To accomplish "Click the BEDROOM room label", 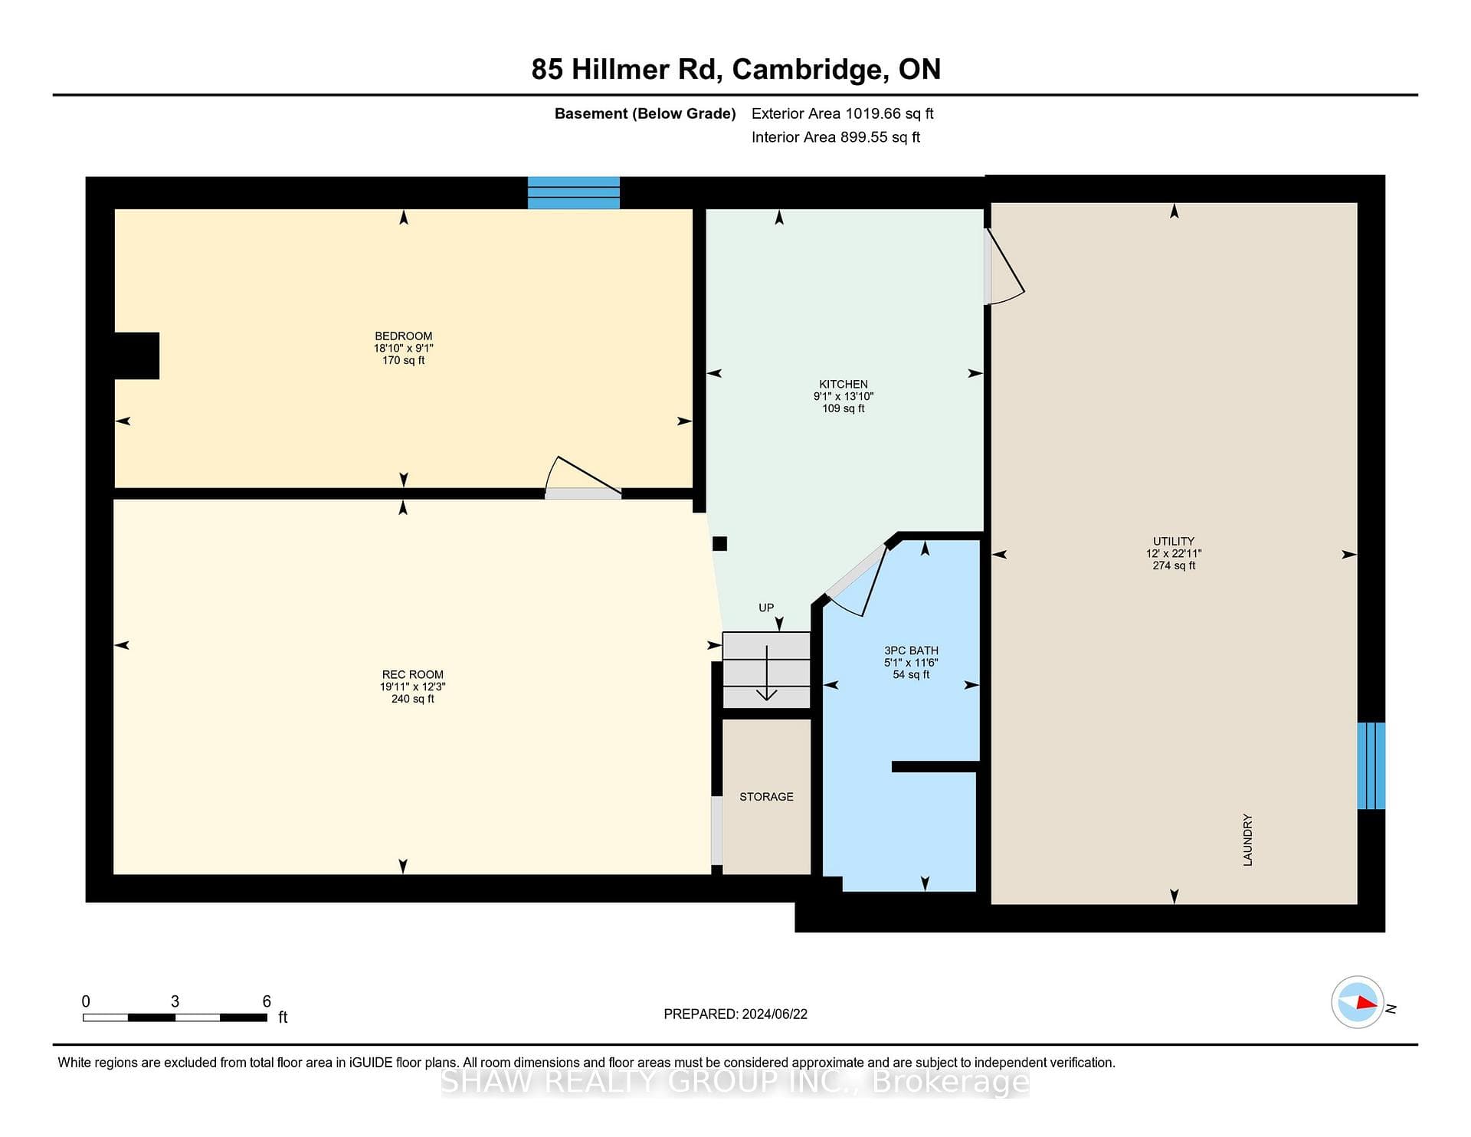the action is [403, 336].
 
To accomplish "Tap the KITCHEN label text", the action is [844, 385].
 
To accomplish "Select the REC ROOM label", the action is [413, 675].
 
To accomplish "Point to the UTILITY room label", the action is [1174, 541].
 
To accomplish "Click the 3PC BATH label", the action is [911, 650].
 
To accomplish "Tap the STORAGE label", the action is [766, 797].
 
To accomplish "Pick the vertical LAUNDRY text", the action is [1247, 840].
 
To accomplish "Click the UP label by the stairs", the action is [766, 608].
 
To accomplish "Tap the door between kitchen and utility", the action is [1004, 267].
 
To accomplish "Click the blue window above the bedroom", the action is [573, 192].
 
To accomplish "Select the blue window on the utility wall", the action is [1371, 765].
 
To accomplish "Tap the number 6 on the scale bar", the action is [267, 1001].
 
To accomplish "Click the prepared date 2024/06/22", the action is [775, 1014].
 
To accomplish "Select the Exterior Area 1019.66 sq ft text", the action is [843, 113].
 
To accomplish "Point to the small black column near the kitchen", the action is [719, 543].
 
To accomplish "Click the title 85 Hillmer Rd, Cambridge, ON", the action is [736, 69].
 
